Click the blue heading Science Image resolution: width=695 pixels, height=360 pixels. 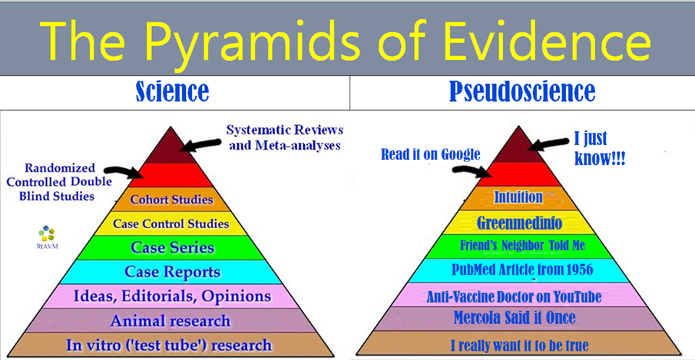[172, 92]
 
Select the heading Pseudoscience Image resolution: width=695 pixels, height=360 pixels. [522, 92]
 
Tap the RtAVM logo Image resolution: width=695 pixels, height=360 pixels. [46, 237]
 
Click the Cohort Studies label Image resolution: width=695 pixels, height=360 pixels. [172, 199]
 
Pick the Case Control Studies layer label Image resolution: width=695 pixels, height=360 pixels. [171, 223]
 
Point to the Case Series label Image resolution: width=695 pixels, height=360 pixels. [172, 248]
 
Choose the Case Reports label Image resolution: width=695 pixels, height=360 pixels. [172, 272]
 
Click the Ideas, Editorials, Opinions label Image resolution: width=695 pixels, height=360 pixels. [172, 296]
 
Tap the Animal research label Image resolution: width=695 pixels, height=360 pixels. [171, 321]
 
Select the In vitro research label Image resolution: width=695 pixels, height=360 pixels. [169, 345]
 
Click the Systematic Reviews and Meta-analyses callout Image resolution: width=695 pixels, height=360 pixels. [285, 138]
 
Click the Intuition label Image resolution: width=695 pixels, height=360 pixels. [518, 197]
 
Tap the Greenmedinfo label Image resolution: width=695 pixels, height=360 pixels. [520, 223]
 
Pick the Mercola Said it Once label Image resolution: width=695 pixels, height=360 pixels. [515, 317]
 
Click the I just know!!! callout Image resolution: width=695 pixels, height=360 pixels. [599, 149]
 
